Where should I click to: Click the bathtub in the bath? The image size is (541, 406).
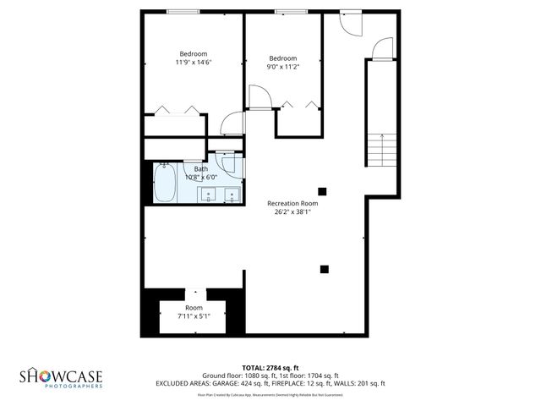[x=165, y=183]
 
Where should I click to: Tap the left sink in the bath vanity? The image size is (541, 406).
[x=208, y=195]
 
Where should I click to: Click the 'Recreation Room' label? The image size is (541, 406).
[x=292, y=203]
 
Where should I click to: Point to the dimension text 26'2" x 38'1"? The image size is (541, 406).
[x=292, y=212]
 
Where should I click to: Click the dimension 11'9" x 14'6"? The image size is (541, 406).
[x=194, y=62]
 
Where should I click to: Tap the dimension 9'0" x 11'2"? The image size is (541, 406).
[x=283, y=67]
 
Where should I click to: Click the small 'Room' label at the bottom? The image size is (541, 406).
[x=194, y=307]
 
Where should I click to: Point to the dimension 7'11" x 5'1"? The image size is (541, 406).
[x=194, y=316]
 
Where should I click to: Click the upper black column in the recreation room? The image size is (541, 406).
[x=322, y=190]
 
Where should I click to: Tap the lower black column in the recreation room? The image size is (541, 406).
[x=323, y=270]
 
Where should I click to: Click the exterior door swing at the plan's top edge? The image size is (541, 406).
[x=349, y=23]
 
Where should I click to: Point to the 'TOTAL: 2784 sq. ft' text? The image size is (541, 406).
[x=270, y=367]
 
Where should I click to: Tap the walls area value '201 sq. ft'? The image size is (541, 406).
[x=369, y=383]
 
